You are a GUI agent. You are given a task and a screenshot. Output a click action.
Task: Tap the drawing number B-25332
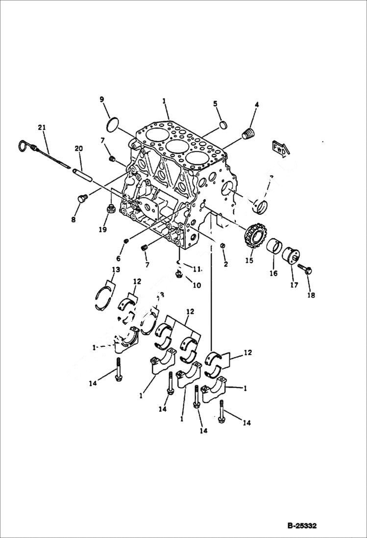click(x=302, y=526)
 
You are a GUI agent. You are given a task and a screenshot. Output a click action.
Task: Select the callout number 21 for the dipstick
click(x=42, y=128)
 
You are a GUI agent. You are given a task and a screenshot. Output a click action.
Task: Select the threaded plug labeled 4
click(x=250, y=133)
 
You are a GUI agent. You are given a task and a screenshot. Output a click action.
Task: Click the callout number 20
click(x=78, y=149)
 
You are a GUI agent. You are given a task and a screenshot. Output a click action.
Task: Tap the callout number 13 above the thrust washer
click(x=116, y=270)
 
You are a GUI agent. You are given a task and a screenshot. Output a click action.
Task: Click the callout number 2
click(x=226, y=264)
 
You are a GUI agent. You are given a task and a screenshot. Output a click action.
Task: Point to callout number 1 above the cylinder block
click(x=165, y=101)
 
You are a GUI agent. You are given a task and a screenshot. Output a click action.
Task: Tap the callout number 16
click(x=273, y=274)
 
